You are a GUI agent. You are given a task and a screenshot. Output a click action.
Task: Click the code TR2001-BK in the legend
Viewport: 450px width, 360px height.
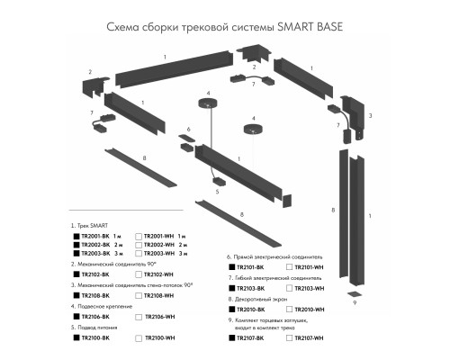(x=94, y=234)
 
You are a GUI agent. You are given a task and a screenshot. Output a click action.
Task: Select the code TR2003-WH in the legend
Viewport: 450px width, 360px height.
(x=158, y=254)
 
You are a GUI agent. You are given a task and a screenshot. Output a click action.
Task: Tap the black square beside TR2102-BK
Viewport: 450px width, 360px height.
(x=76, y=274)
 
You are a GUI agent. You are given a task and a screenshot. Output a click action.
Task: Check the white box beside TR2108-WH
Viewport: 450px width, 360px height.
(x=138, y=295)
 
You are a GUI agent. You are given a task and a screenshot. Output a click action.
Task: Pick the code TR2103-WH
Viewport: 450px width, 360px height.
(x=310, y=288)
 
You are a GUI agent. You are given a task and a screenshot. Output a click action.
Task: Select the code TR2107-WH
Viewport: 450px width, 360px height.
(x=310, y=337)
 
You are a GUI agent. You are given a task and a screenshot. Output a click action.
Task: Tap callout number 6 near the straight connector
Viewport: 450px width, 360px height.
(x=189, y=130)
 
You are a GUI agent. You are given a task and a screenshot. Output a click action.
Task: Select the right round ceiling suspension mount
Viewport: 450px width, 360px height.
(x=255, y=130)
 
